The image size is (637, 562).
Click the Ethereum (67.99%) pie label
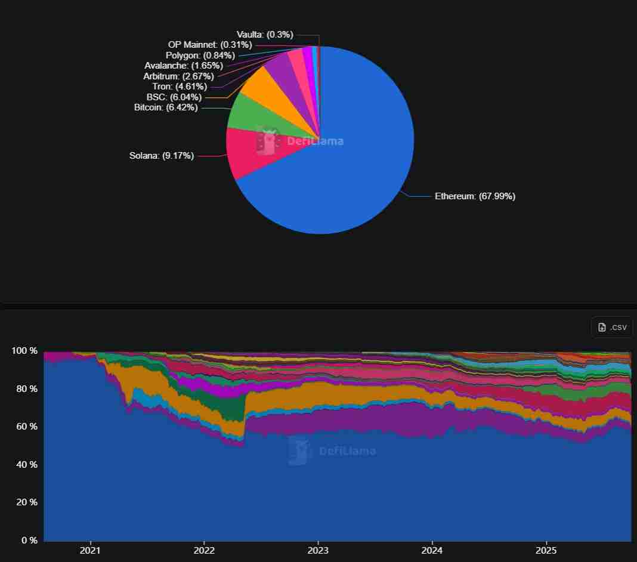click(475, 196)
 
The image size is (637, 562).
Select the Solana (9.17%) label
click(162, 156)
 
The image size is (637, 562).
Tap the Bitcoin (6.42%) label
click(166, 107)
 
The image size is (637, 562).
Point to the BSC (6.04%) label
click(174, 97)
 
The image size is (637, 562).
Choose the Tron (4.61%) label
click(180, 87)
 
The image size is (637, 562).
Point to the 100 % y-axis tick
click(24, 351)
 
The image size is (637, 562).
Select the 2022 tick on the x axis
click(204, 549)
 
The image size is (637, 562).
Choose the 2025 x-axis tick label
click(546, 549)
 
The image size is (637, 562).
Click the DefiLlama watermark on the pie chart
click(301, 141)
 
